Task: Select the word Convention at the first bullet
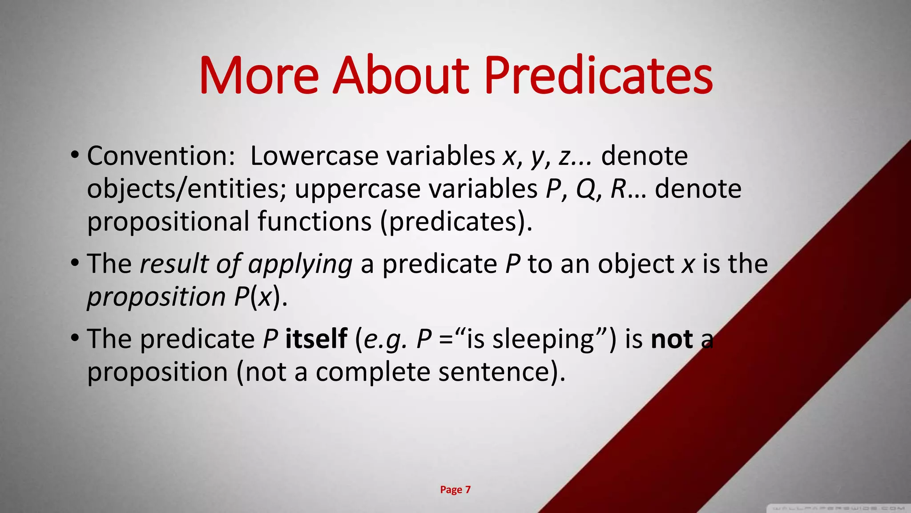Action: (161, 156)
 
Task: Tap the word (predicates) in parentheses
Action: (456, 221)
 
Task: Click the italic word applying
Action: (300, 264)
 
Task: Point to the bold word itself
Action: (316, 339)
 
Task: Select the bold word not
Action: (671, 340)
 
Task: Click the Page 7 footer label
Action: (455, 490)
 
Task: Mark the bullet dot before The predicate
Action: (75, 338)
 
